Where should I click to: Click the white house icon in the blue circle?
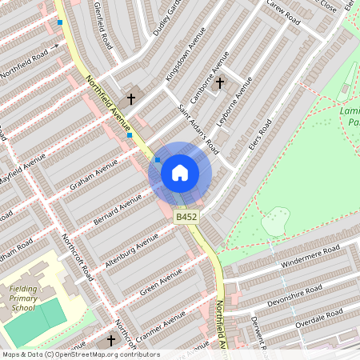click(x=180, y=172)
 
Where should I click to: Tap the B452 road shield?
click(x=186, y=217)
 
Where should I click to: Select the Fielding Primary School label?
click(x=23, y=298)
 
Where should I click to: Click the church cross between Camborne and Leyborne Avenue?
click(x=220, y=82)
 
